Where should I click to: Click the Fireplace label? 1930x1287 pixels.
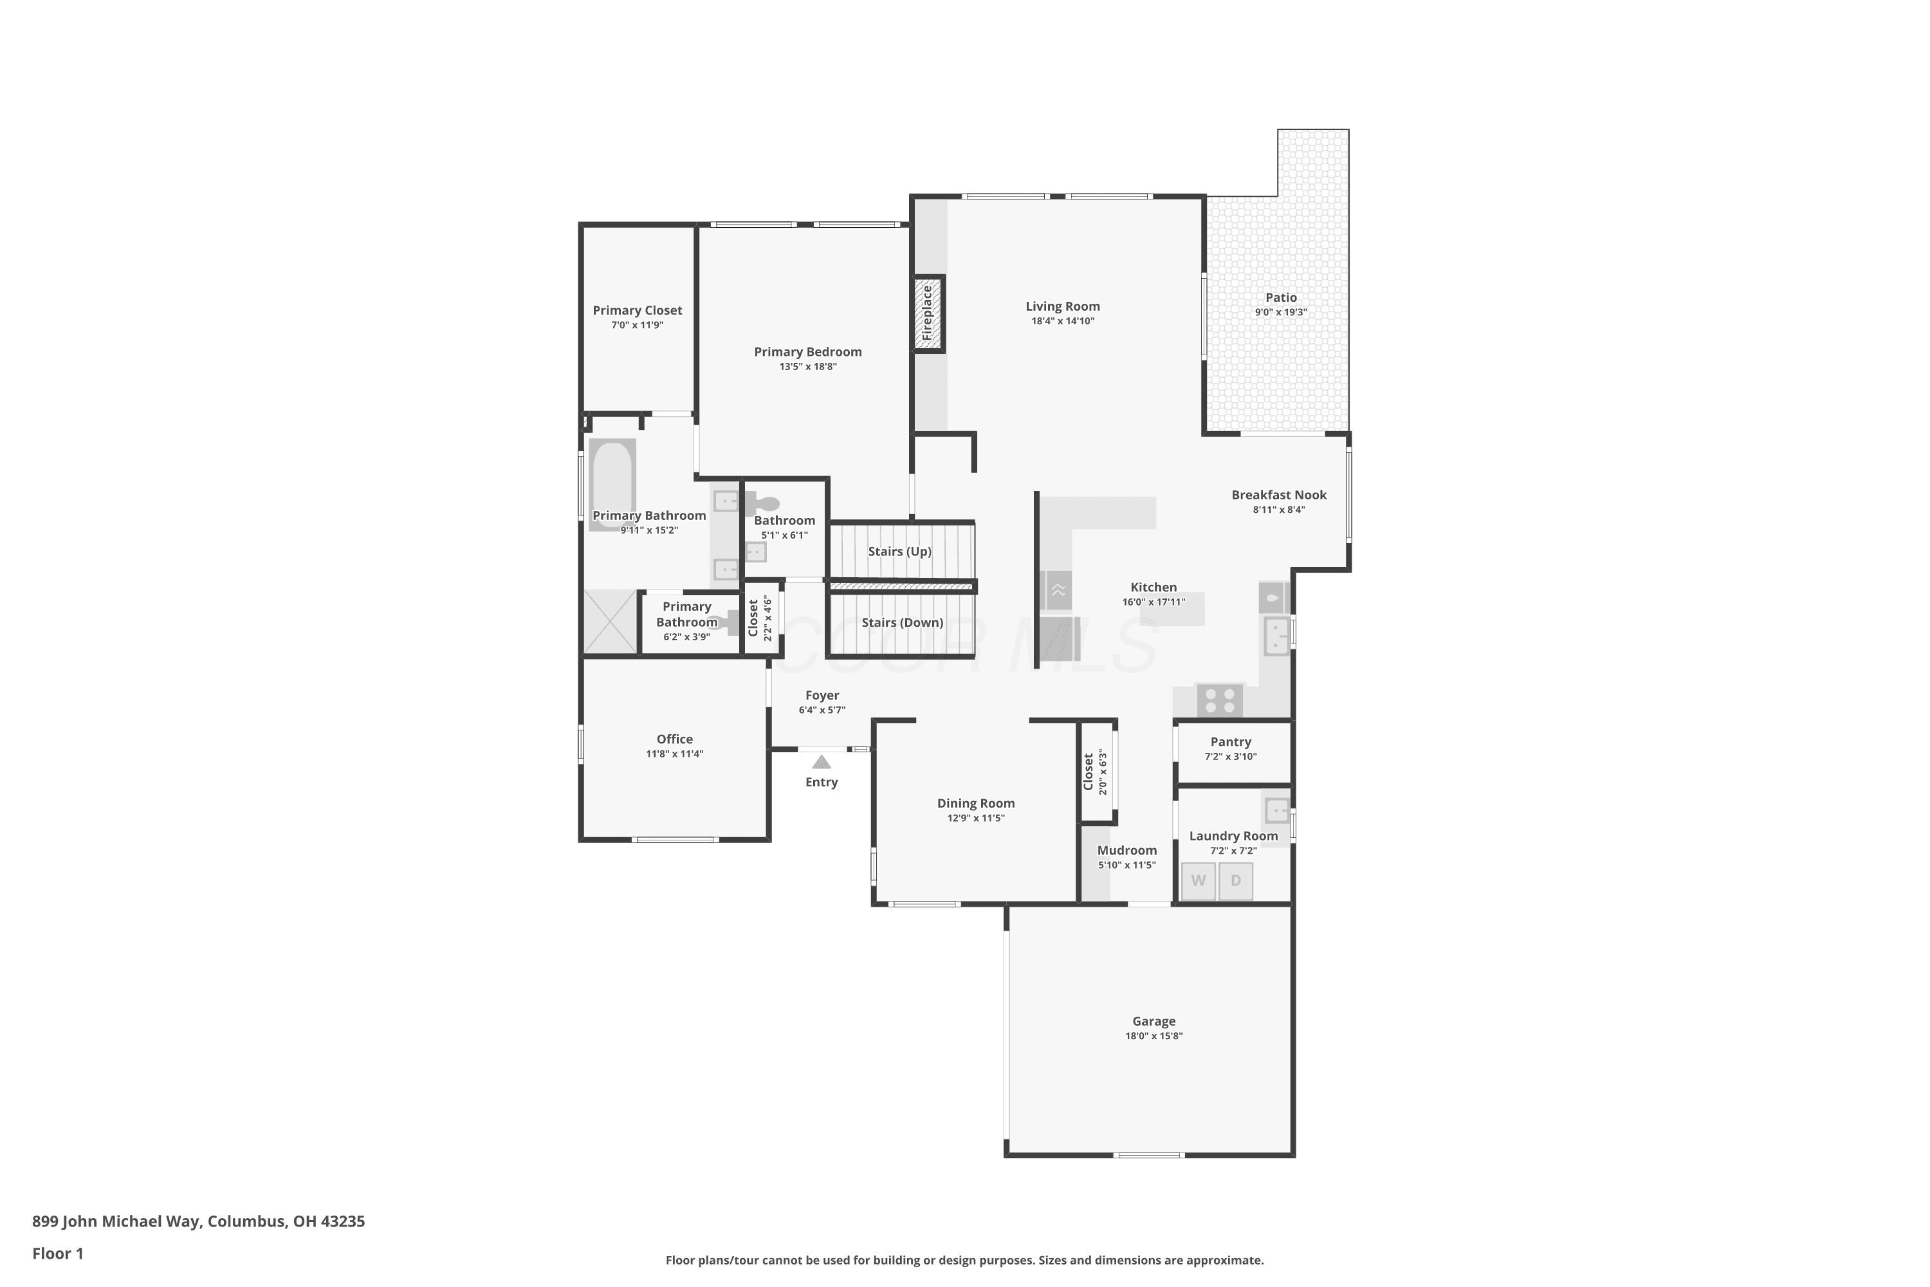click(927, 313)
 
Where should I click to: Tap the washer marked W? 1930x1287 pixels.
click(1198, 881)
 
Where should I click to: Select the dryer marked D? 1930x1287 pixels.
click(1236, 881)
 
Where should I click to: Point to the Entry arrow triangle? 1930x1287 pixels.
click(822, 763)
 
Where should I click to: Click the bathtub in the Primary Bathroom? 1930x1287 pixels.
click(612, 485)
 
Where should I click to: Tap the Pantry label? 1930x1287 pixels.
click(1231, 741)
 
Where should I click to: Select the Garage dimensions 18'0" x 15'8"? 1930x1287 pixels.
click(1153, 1036)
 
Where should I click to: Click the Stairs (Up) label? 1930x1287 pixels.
click(900, 551)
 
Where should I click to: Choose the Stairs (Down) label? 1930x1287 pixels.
click(903, 623)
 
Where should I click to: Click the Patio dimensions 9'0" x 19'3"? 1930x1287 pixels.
click(1281, 312)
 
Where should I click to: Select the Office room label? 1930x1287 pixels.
click(674, 739)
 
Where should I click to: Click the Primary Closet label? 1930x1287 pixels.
click(638, 310)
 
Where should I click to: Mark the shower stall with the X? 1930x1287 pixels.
click(611, 622)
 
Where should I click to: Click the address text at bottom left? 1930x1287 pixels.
click(199, 1221)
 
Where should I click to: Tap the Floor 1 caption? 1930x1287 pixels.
click(59, 1254)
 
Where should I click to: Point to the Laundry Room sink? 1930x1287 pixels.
click(1277, 811)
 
